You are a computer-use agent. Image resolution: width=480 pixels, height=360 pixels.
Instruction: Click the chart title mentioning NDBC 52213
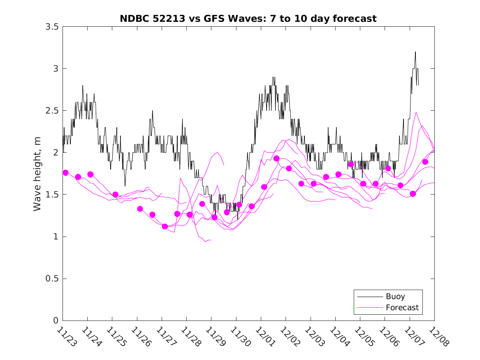pos(248,19)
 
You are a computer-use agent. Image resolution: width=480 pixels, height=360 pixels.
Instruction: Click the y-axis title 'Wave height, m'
pos(37,174)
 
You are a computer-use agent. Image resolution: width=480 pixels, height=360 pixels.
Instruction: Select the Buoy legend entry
pos(395,297)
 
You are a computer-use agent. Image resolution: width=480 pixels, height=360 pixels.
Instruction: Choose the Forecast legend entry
pos(402,307)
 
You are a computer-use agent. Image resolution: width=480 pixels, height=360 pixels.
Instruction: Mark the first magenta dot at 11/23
pos(65,173)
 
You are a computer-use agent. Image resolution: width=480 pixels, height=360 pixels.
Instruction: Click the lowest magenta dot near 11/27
pos(165,226)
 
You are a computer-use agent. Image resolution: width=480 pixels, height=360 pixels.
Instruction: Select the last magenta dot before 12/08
pos(425,162)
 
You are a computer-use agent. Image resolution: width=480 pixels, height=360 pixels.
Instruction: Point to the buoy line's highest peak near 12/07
pos(415,52)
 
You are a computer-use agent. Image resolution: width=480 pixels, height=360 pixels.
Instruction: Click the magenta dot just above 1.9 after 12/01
pos(276,158)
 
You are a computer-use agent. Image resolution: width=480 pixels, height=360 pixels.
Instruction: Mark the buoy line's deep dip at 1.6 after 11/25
pos(125,186)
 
